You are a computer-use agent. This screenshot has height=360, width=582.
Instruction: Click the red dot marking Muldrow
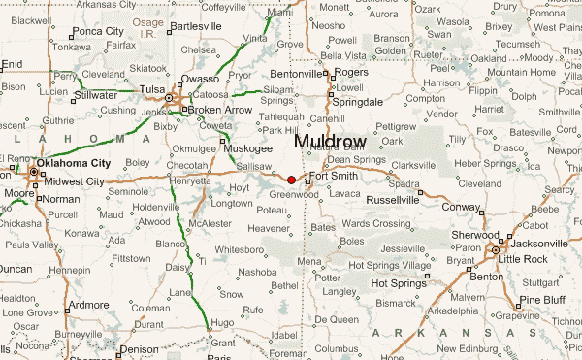[x=291, y=180]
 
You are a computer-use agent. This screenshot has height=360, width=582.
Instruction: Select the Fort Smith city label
[x=335, y=177]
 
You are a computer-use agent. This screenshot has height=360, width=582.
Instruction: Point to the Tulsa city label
[x=152, y=89]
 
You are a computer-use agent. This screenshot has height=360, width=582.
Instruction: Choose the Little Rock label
[x=526, y=259]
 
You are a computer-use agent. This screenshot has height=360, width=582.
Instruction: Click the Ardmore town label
[x=88, y=305]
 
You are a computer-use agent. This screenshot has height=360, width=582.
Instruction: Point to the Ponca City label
[x=100, y=31]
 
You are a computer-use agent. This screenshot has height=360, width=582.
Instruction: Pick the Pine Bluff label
[x=542, y=300]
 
